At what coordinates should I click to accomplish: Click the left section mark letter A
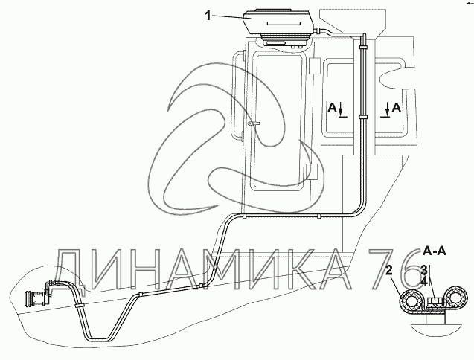pos(332,107)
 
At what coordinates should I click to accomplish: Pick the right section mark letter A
pos(397,107)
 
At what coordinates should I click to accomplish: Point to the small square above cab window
pos(314,65)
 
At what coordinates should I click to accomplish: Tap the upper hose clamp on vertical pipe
pos(362,47)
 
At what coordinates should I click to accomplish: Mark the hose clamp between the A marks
pos(362,117)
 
